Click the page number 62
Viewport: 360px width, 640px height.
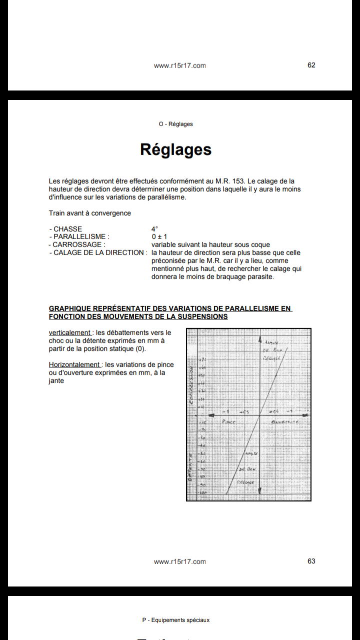pyautogui.click(x=311, y=65)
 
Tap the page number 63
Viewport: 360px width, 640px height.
pyautogui.click(x=311, y=561)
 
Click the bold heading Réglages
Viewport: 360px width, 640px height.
pyautogui.click(x=175, y=149)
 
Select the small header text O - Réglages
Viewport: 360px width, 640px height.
pyautogui.click(x=175, y=124)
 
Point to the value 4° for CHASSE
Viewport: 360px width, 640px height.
pyautogui.click(x=154, y=229)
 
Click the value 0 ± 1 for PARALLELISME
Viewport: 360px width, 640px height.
pyautogui.click(x=159, y=237)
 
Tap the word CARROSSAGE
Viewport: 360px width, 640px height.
pyautogui.click(x=78, y=245)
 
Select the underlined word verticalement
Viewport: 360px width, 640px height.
pyautogui.click(x=70, y=333)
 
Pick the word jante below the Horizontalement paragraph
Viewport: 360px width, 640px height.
pyautogui.click(x=56, y=381)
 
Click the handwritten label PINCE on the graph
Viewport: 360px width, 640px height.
pyautogui.click(x=228, y=422)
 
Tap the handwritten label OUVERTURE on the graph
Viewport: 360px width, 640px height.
pyautogui.click(x=285, y=422)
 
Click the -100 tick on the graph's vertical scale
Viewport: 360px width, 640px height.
pyautogui.click(x=202, y=493)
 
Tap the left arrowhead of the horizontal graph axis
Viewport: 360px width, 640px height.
pyautogui.click(x=211, y=415)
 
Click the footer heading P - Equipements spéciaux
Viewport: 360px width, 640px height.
pyautogui.click(x=175, y=620)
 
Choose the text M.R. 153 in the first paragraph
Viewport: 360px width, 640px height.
pyautogui.click(x=231, y=181)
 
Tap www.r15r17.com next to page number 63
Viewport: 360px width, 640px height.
pyautogui.click(x=179, y=561)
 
